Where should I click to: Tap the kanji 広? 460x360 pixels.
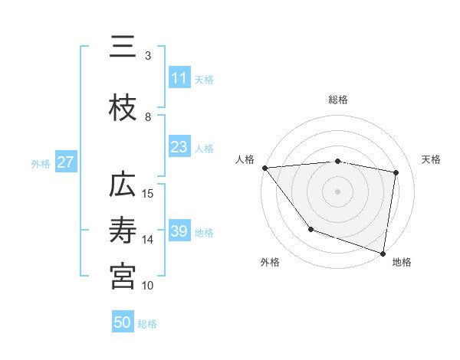pyautogui.click(x=123, y=186)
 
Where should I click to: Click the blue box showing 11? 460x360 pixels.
pyautogui.click(x=179, y=78)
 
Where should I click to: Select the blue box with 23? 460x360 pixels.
pyautogui.click(x=179, y=148)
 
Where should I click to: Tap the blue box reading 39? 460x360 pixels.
pyautogui.click(x=179, y=231)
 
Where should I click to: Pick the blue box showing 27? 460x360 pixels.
pyautogui.click(x=66, y=162)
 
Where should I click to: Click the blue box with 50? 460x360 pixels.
pyautogui.click(x=123, y=322)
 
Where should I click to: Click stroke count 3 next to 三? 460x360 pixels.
pyautogui.click(x=148, y=55)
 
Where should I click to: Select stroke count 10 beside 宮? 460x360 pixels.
pyautogui.click(x=148, y=285)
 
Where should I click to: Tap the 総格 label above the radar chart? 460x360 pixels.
pyautogui.click(x=338, y=100)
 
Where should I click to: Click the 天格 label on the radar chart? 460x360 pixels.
pyautogui.click(x=431, y=159)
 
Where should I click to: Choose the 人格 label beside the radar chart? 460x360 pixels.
pyautogui.click(x=245, y=159)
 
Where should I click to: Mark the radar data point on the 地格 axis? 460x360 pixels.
pyautogui.click(x=383, y=252)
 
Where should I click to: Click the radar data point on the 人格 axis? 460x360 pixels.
pyautogui.click(x=264, y=168)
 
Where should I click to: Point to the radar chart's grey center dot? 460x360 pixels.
pyautogui.click(x=338, y=191)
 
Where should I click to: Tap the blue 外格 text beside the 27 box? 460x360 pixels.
pyautogui.click(x=41, y=163)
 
